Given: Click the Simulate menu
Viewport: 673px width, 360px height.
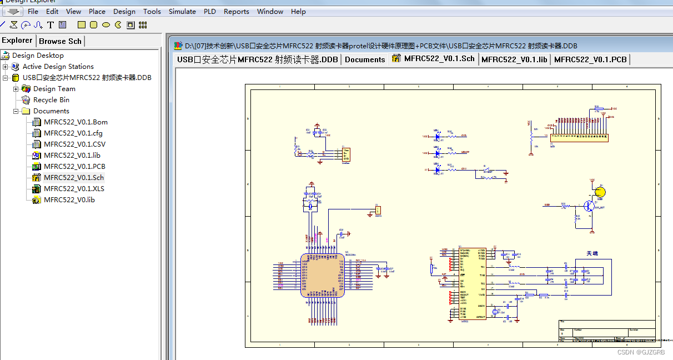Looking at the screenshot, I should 182,11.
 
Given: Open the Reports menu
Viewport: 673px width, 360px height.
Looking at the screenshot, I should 236,11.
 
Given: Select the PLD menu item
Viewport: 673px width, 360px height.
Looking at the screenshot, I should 210,11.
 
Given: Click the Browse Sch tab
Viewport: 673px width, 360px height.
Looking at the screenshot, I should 60,41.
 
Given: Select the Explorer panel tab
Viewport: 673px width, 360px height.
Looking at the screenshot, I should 17,41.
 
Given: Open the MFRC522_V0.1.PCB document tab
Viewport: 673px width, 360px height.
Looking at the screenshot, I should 590,59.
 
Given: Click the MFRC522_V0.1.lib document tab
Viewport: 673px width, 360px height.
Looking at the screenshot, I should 514,59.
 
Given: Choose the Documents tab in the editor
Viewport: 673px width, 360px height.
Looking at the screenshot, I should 365,59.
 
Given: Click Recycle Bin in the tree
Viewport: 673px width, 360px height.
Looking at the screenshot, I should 51,100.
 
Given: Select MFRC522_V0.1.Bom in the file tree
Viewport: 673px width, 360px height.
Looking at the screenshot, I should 76,122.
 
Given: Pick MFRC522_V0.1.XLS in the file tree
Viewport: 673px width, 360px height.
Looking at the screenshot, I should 74,189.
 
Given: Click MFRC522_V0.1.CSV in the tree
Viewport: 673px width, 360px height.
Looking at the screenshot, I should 74,144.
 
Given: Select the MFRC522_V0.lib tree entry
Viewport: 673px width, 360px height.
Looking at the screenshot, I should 69,200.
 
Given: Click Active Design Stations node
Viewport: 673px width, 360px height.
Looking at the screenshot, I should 58,67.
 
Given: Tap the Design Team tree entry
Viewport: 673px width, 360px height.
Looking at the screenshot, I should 54,89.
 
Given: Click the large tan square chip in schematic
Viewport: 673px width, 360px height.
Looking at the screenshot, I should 322,275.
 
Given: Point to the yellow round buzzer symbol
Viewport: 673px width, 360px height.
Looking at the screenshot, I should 600,192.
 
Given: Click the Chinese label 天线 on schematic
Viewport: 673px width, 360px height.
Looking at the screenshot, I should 592,253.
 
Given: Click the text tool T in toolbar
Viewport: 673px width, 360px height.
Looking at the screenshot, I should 51,25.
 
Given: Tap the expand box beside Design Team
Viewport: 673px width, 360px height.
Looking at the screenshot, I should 16,89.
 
